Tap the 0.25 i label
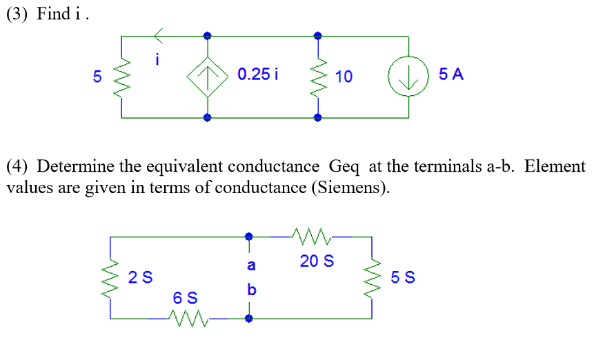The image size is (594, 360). [x=257, y=74]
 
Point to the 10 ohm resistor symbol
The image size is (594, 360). [x=318, y=76]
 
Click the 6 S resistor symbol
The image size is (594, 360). [x=188, y=319]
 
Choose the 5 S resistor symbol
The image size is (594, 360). [x=373, y=277]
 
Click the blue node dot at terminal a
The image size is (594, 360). [x=249, y=237]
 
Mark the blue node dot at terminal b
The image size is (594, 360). [x=249, y=319]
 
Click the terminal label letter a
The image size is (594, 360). [x=251, y=264]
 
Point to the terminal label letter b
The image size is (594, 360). [x=251, y=290]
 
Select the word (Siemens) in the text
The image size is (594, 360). [x=353, y=188]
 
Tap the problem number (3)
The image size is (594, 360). [x=17, y=14]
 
